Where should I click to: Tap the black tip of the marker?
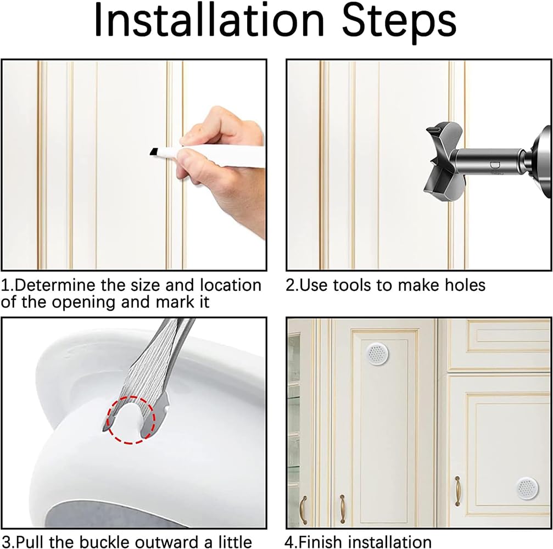tap(152, 152)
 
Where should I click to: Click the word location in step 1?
tap(231, 285)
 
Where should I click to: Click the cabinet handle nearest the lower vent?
tap(457, 490)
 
